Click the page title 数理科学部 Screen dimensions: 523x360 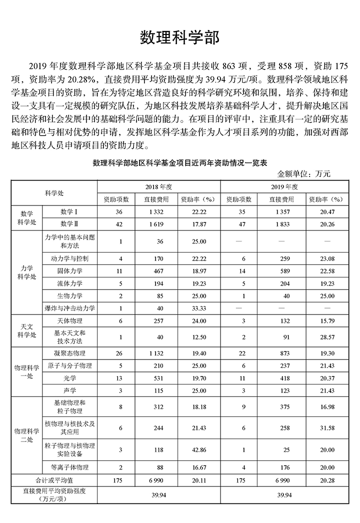(x=179, y=38)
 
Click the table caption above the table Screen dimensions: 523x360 (x=179, y=163)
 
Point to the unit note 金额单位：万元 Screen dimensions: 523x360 (x=304, y=174)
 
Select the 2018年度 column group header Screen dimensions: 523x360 (x=158, y=186)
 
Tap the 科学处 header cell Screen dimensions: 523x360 (x=54, y=192)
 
